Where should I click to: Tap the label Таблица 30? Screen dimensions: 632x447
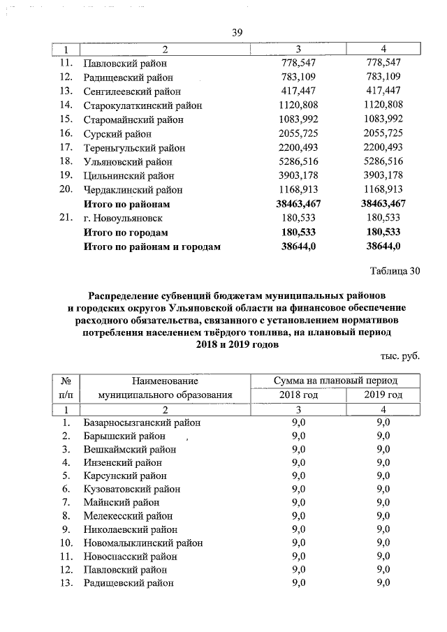point(394,271)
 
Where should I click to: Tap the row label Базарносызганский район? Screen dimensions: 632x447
point(142,422)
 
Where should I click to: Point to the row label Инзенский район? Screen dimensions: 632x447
point(122,462)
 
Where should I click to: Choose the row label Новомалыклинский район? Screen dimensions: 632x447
point(143,543)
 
